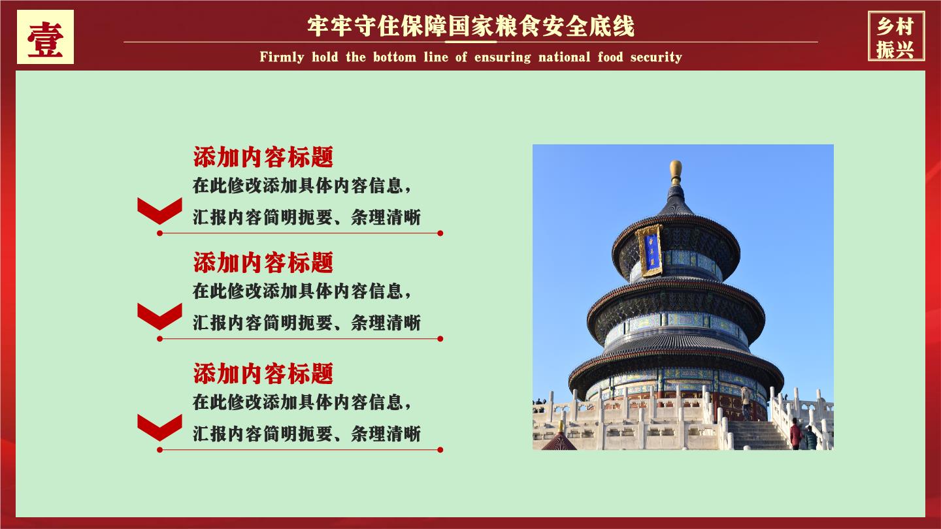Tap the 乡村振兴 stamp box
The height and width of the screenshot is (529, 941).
coord(896,37)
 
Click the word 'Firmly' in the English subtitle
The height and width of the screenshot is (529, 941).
coord(282,57)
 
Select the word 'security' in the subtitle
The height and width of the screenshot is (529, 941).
coord(656,57)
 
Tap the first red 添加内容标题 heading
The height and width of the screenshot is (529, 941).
coord(263,157)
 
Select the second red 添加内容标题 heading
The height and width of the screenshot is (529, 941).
coord(263,263)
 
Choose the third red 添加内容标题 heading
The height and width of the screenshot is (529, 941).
coord(263,374)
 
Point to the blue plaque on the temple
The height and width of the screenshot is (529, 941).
coord(650,251)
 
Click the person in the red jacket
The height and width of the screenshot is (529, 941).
coord(795,434)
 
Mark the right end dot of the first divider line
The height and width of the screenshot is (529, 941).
coord(440,233)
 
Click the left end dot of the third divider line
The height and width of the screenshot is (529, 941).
coord(159,449)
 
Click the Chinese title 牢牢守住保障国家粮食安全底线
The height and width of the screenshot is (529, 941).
coord(470,26)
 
